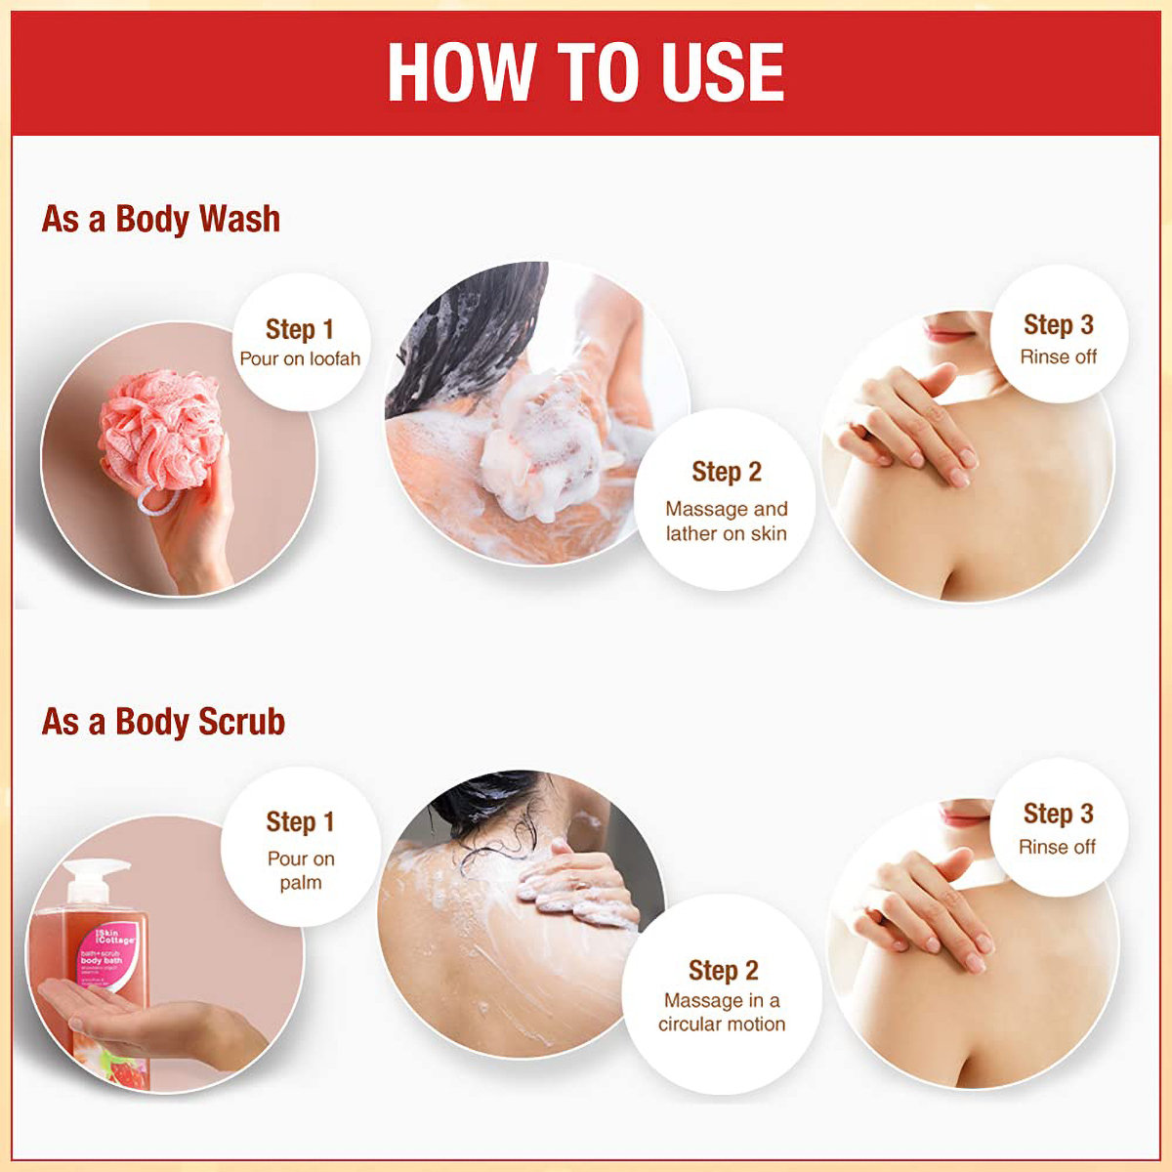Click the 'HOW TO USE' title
[x=586, y=73]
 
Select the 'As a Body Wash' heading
[x=161, y=219]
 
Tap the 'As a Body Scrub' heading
[x=163, y=722]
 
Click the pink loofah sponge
[x=161, y=430]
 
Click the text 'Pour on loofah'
[x=300, y=358]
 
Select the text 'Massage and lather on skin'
[x=726, y=522]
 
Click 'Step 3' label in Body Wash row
[x=1058, y=325]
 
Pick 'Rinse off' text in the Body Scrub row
[x=1057, y=847]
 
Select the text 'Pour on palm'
[x=301, y=870]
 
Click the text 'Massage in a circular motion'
[x=722, y=1012]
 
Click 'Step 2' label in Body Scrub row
[x=723, y=970]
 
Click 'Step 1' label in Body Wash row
[x=300, y=329]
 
